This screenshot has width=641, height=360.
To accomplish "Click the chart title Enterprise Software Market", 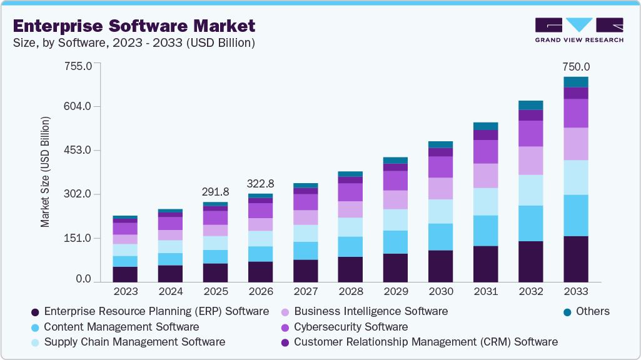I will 134,26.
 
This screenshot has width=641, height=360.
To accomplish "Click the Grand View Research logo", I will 578,29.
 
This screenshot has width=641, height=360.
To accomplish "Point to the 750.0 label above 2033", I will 576,67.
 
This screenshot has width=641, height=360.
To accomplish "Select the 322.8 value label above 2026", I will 261,184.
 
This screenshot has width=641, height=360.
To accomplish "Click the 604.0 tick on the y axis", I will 79,106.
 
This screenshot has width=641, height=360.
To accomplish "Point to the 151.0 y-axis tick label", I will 79,238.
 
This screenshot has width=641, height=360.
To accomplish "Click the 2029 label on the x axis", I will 396,291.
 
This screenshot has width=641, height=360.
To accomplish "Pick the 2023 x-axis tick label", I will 126,291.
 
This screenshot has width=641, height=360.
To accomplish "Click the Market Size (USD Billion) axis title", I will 45,171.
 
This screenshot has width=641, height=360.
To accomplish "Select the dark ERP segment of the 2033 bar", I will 576,259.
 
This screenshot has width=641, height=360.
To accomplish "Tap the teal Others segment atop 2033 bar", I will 576,82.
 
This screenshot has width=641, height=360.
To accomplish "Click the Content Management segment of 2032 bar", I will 531,223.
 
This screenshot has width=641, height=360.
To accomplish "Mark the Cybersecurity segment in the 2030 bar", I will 441,167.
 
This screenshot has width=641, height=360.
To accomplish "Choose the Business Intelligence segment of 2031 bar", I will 486,176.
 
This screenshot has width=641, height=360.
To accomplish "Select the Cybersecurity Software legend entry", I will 350,327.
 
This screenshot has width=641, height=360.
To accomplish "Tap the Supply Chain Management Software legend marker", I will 36,342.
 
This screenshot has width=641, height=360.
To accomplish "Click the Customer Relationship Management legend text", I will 425,342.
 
